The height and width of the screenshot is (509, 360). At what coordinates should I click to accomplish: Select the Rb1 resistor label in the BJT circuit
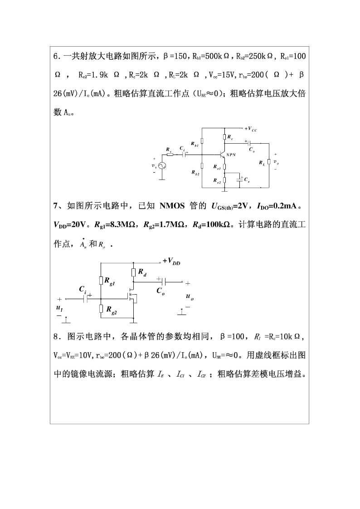pyautogui.click(x=195, y=145)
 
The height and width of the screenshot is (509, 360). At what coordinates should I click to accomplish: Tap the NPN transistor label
pyautogui.click(x=232, y=155)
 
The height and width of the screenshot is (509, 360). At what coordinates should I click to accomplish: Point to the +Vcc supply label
pyautogui.click(x=251, y=129)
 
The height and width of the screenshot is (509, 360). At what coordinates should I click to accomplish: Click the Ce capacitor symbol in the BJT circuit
pyautogui.click(x=240, y=179)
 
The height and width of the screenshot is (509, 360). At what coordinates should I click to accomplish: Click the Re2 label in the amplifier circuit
pyautogui.click(x=217, y=181)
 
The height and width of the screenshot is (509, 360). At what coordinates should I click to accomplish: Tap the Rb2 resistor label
pyautogui.click(x=195, y=173)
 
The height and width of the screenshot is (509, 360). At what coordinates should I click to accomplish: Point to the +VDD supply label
pyautogui.click(x=171, y=261)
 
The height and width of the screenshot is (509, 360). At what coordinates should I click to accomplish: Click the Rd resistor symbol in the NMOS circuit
pyautogui.click(x=133, y=272)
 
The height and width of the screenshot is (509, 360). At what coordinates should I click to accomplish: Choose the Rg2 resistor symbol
pyautogui.click(x=101, y=309)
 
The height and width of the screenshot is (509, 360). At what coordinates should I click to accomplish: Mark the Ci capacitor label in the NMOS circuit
pyautogui.click(x=83, y=289)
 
